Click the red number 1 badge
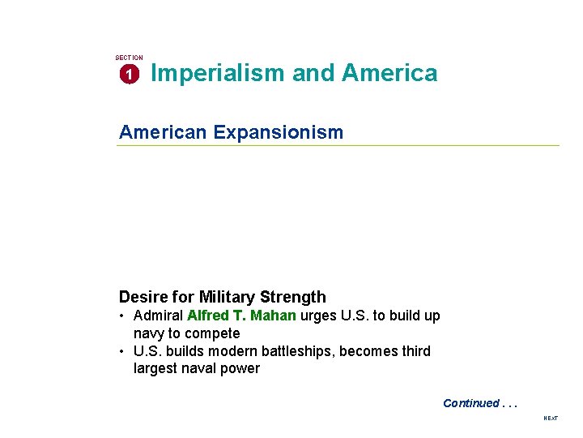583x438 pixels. (128, 75)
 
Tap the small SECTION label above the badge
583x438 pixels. (129, 58)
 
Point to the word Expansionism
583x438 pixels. (278, 132)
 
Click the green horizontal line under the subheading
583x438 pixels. (338, 146)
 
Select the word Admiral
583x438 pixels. (158, 316)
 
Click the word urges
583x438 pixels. (317, 316)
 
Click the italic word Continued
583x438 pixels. (470, 403)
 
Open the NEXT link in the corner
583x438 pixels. (551, 418)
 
